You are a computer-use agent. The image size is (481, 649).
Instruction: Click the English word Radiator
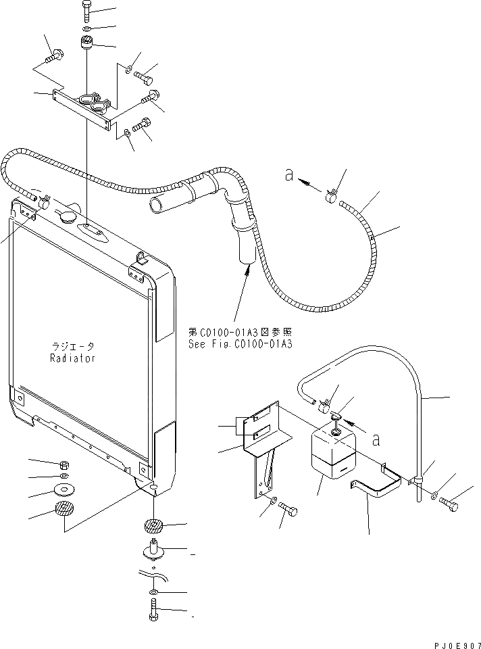(72, 358)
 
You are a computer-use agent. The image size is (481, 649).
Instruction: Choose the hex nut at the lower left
(63, 465)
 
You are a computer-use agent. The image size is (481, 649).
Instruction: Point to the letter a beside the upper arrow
(288, 175)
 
